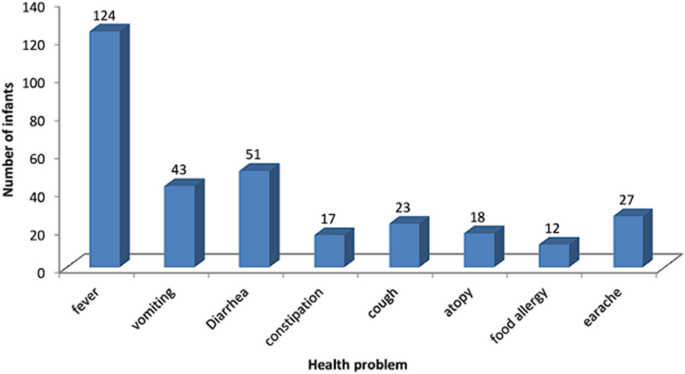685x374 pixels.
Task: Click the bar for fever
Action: point(106,150)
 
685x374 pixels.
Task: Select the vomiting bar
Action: point(181,227)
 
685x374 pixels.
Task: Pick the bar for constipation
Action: point(331,251)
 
